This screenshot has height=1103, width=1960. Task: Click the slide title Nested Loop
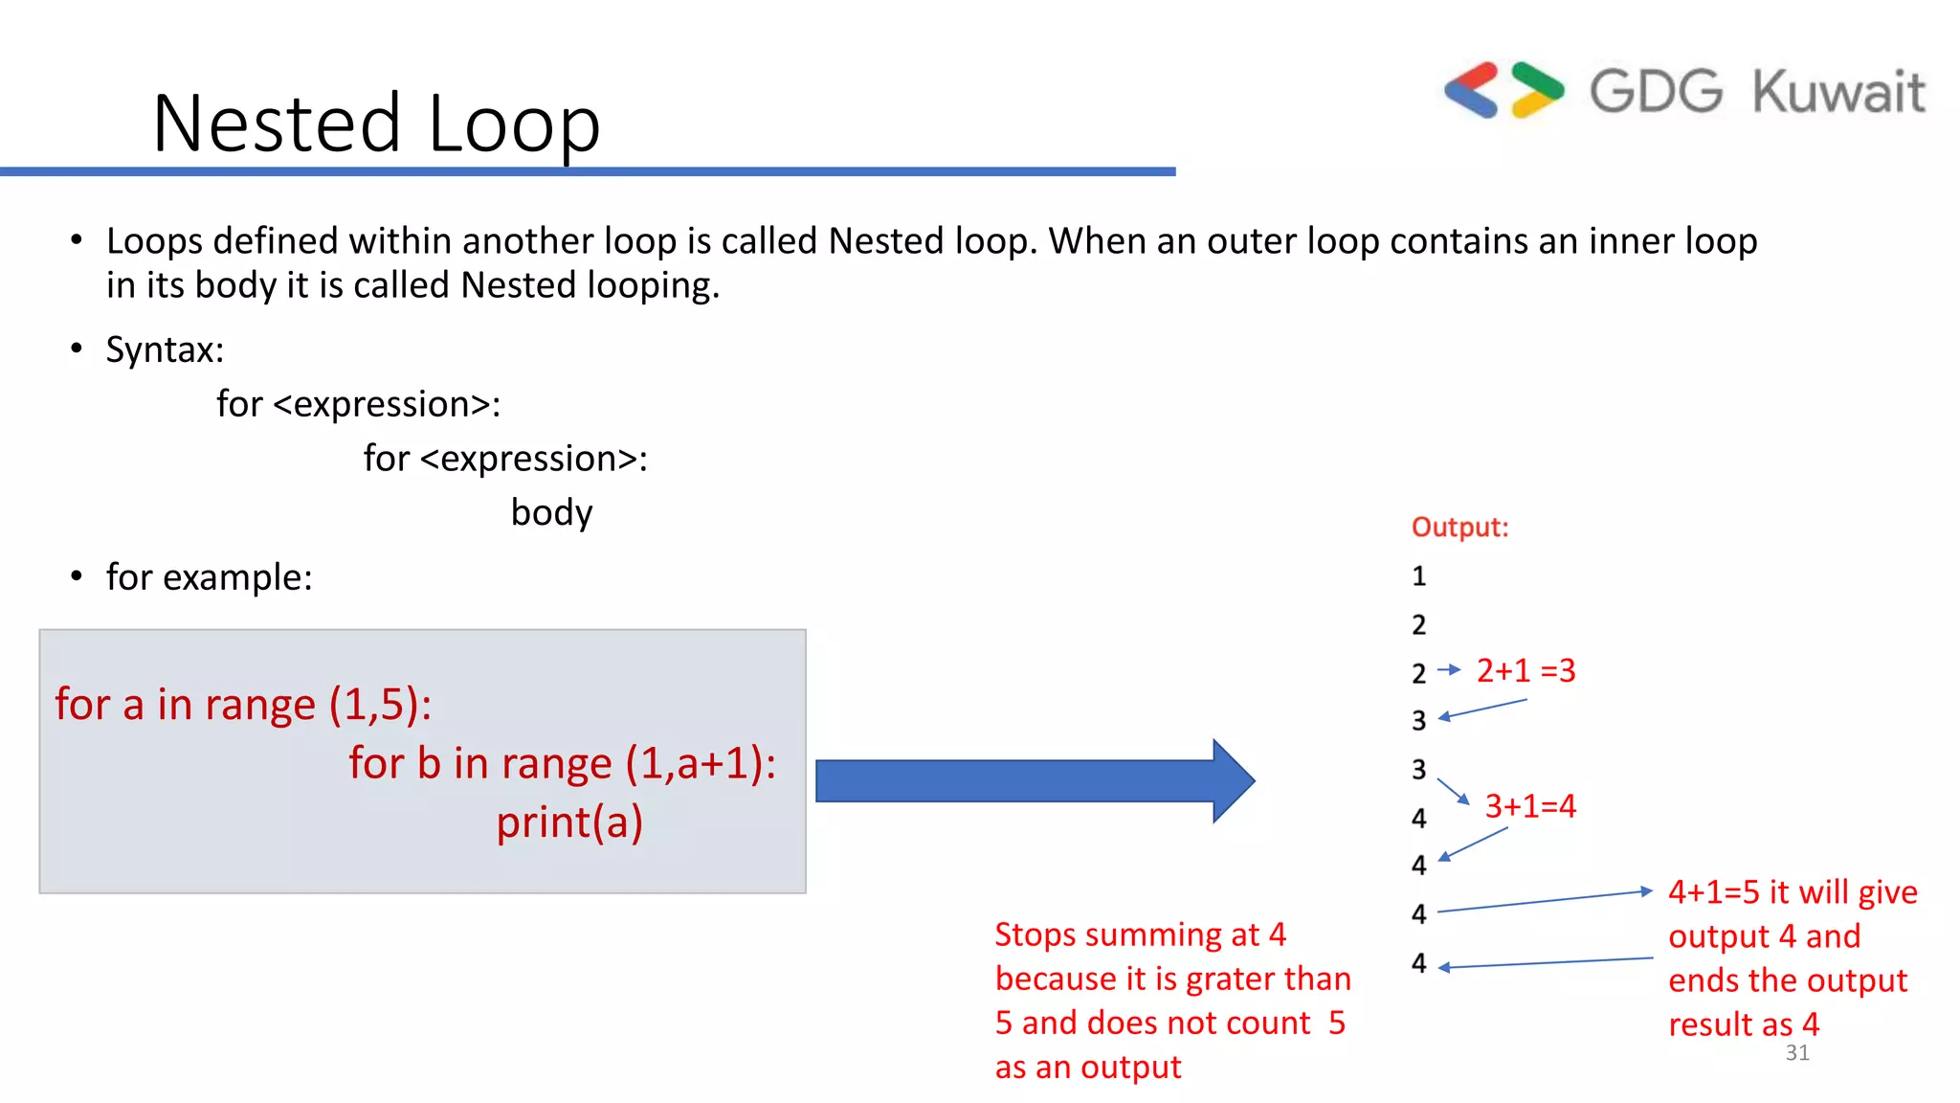[376, 124]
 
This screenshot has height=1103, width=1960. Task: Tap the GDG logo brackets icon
[1503, 91]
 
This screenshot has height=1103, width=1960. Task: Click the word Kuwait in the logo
[1837, 92]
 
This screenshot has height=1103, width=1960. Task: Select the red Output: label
[1459, 528]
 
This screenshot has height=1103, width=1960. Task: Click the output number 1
[1418, 576]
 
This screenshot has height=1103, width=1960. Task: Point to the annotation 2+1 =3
[1526, 670]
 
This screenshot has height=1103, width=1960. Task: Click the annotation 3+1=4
[1529, 806]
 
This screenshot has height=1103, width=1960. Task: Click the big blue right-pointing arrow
[1034, 780]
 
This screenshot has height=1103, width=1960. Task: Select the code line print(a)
[568, 822]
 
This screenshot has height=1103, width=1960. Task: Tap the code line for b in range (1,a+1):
[562, 763]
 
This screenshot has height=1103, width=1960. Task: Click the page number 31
[1796, 1053]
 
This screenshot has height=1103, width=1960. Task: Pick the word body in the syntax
[551, 513]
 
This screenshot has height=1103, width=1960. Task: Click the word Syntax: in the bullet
[165, 349]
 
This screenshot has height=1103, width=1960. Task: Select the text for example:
[209, 577]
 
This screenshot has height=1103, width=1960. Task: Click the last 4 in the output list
[1418, 963]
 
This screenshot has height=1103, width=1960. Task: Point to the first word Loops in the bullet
[154, 241]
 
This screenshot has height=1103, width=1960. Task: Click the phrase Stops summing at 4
[1140, 934]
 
